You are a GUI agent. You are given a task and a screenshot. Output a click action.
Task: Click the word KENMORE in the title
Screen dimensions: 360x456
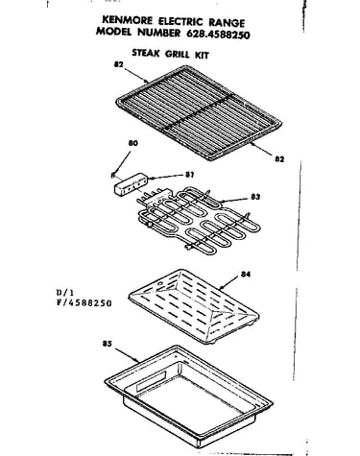click(127, 20)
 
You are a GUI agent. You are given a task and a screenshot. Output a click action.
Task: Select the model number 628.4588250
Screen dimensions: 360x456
click(216, 35)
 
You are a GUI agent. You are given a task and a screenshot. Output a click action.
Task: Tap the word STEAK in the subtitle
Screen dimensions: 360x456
click(146, 53)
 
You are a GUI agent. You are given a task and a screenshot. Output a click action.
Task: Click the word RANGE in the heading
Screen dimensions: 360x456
click(227, 22)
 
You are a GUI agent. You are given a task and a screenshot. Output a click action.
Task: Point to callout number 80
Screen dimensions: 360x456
click(132, 143)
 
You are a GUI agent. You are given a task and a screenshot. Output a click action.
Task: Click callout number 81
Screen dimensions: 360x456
click(189, 175)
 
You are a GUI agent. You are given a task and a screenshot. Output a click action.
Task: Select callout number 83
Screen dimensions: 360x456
click(255, 197)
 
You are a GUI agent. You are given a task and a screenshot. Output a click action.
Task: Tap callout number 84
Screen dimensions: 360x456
click(246, 275)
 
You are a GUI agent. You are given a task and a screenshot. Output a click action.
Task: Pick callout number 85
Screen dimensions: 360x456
click(108, 344)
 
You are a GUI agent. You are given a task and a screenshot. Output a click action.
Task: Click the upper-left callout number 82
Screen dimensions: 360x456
click(119, 64)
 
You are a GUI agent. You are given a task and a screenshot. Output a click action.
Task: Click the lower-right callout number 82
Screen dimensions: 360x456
click(279, 158)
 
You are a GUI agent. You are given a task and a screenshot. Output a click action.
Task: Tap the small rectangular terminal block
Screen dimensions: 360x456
click(131, 183)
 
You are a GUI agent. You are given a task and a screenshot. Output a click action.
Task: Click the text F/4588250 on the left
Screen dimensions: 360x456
click(84, 302)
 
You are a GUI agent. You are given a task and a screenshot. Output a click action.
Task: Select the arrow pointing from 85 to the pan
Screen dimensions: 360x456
click(127, 355)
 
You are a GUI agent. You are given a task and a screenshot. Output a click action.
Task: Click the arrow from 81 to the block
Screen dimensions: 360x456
click(165, 177)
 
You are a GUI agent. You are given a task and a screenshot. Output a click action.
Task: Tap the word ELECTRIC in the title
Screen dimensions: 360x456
click(180, 21)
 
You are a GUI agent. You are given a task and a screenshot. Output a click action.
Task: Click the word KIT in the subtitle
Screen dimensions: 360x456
click(202, 55)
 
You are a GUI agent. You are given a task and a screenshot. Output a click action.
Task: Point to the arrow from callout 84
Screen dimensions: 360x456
click(229, 283)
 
